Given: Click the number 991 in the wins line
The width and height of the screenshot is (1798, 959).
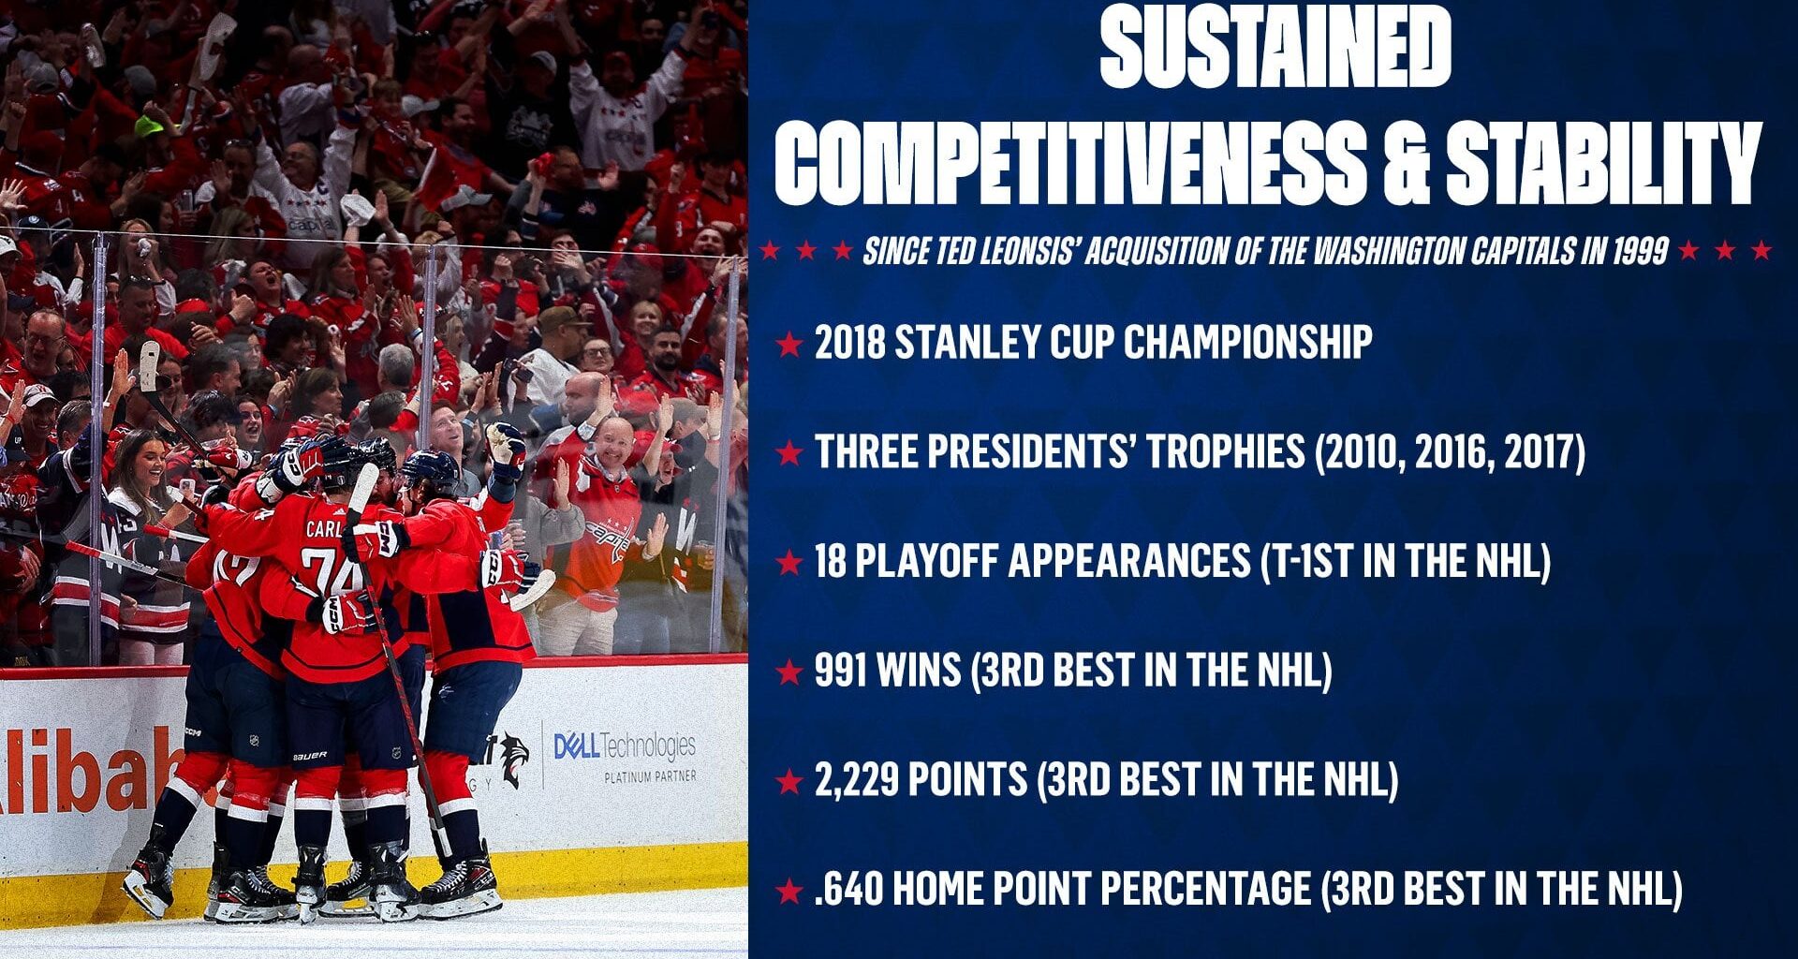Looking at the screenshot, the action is pos(841,671).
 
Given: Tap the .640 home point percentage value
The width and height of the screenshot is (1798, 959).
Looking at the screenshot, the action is pos(847,889).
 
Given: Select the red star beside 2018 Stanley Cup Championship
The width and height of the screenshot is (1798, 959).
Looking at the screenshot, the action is pos(789,344).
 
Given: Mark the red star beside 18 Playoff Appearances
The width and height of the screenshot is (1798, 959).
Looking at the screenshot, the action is pos(789,562).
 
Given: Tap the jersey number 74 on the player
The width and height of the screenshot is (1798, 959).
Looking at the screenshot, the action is pos(332,569).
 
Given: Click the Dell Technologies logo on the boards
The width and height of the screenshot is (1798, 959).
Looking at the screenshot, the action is pos(625,747).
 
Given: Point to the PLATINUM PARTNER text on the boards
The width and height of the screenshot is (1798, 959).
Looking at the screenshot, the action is pos(650,776).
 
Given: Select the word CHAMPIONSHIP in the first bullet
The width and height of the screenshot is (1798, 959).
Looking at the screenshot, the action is pos(1247,343).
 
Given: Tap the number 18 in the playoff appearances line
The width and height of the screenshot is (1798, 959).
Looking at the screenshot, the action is pos(831,562).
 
